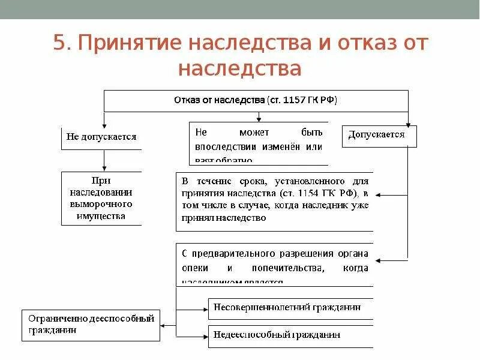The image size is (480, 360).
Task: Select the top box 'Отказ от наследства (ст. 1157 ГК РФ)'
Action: point(256,100)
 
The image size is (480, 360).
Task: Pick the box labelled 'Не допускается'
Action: point(101,137)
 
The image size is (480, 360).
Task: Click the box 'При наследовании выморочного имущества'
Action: point(101,198)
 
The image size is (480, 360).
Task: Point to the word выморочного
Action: point(101,204)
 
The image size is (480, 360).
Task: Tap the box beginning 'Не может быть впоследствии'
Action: point(259,144)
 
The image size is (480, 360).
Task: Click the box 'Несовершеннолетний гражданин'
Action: point(290,307)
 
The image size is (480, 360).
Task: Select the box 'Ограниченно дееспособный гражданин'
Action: point(91,325)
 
